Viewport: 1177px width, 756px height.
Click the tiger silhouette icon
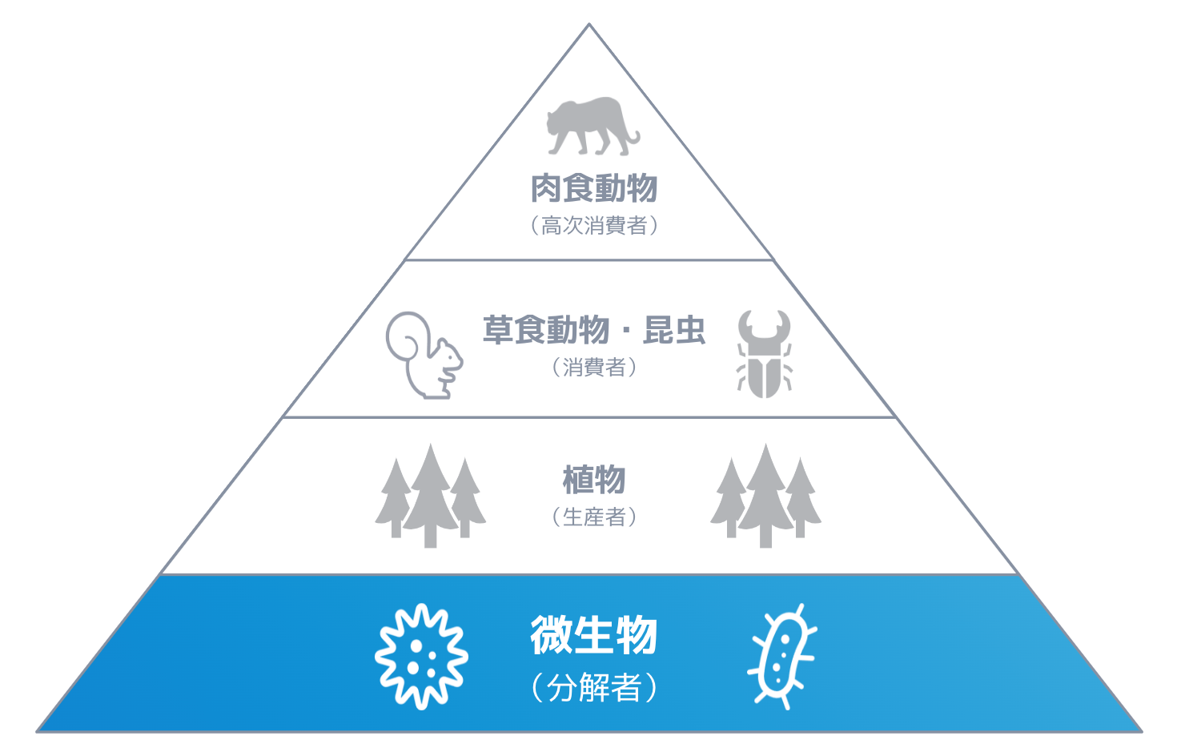591,126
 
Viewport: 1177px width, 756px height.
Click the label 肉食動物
593,189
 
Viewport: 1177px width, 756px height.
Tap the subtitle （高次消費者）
593,226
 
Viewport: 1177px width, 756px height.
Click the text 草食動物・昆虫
593,330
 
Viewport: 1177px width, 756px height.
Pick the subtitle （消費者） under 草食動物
593,368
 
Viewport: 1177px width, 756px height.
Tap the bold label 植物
593,481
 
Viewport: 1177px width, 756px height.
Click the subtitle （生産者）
593,517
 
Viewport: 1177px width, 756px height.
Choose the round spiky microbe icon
422,657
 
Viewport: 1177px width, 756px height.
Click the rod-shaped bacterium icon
782,657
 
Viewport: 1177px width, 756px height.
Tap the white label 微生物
593,636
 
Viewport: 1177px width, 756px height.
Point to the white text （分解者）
593,688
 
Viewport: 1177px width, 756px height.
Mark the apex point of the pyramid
589,25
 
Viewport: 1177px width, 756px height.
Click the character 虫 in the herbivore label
688,330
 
